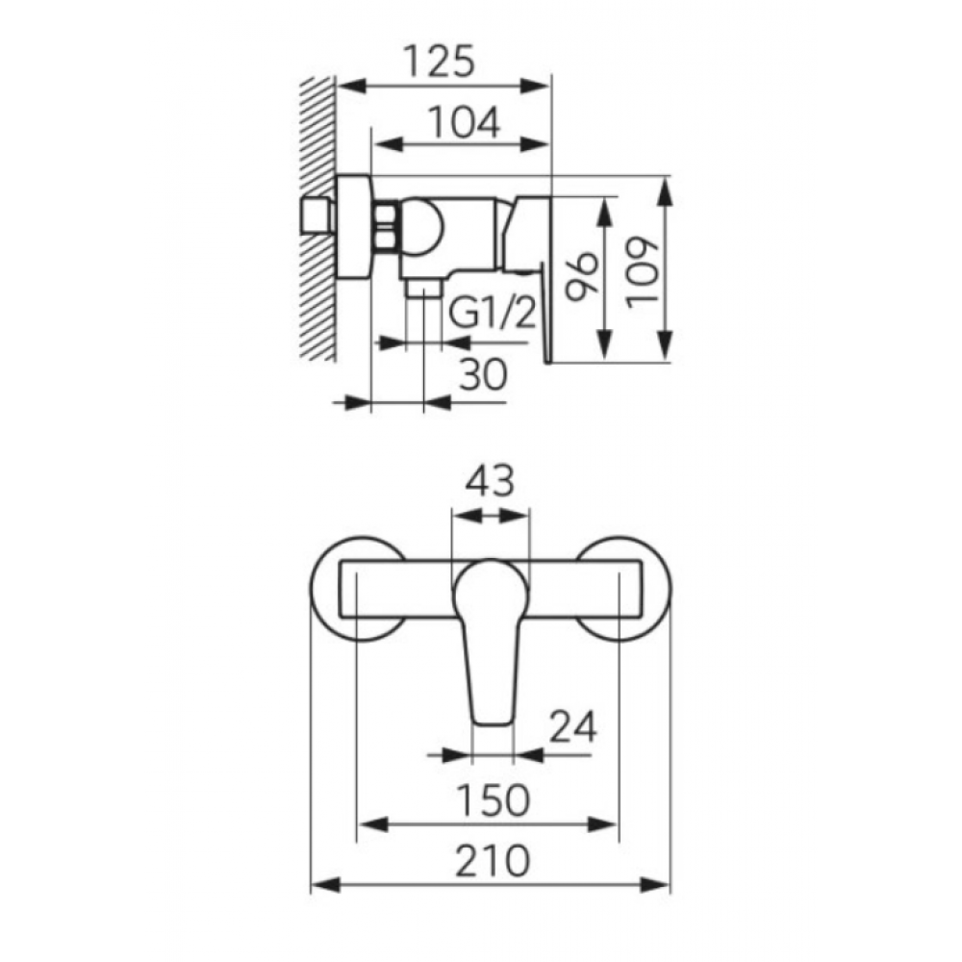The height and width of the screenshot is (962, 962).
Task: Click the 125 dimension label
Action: point(440,61)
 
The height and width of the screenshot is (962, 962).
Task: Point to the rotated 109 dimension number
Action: point(643,273)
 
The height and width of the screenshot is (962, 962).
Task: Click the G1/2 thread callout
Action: point(493,313)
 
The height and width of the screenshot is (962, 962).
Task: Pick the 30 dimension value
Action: point(484,374)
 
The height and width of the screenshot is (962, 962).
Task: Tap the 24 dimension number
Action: point(572,727)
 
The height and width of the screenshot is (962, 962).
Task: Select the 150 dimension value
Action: point(494,800)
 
